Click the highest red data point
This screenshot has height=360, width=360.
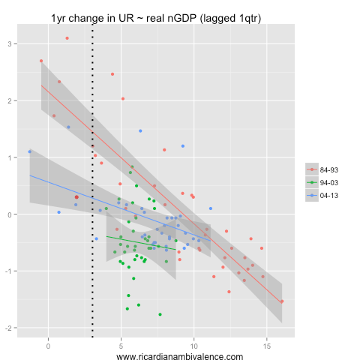coord(67,38)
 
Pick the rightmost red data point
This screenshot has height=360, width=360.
coord(282,301)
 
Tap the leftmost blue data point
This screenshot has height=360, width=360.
coord(30,151)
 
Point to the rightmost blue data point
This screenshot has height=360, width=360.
coord(211,208)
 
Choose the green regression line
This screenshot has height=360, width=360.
coord(142,242)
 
